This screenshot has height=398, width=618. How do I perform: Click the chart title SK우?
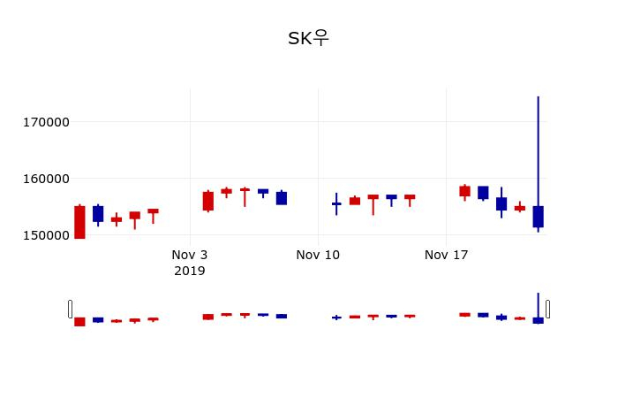click(x=308, y=39)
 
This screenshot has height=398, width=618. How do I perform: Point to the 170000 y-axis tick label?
click(x=46, y=122)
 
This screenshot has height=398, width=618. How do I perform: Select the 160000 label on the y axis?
click(x=46, y=179)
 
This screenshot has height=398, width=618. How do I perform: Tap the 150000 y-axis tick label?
click(x=46, y=235)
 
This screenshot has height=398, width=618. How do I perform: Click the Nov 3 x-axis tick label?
click(x=189, y=256)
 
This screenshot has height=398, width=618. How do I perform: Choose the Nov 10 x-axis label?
click(x=318, y=256)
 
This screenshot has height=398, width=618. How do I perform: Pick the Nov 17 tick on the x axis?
click(x=446, y=256)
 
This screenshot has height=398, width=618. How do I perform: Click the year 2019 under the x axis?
click(x=189, y=271)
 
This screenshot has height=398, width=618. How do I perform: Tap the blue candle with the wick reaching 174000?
click(x=538, y=217)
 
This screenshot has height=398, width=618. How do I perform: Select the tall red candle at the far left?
click(x=79, y=222)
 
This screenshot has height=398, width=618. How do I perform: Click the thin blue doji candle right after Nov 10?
click(x=336, y=203)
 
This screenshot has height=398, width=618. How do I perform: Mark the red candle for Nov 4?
click(x=208, y=201)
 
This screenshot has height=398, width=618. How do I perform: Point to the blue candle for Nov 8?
click(x=282, y=198)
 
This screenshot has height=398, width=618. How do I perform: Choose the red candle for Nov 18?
click(x=464, y=191)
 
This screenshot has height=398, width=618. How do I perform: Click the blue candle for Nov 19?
click(x=483, y=192)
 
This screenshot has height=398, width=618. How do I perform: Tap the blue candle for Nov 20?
click(x=501, y=203)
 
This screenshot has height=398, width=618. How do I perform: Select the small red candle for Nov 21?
click(x=520, y=208)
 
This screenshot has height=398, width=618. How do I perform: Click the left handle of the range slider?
click(x=71, y=309)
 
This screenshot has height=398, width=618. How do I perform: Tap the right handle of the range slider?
click(x=547, y=309)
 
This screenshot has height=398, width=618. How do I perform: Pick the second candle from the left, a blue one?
click(x=98, y=213)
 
